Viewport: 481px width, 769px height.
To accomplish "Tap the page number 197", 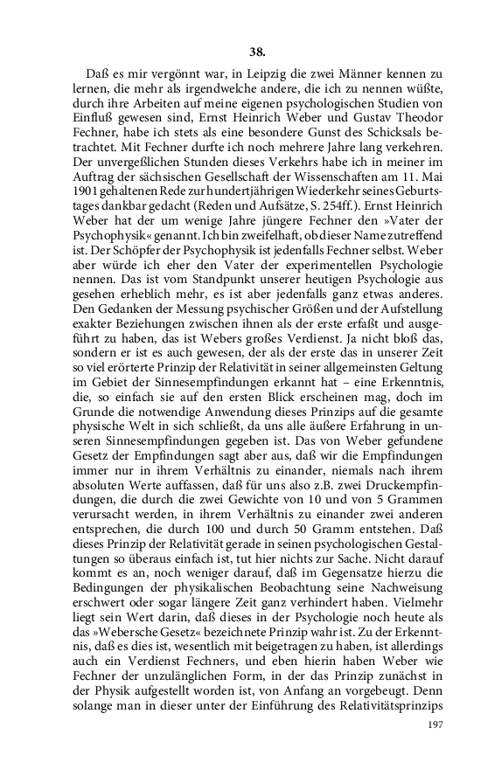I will [x=436, y=725].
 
